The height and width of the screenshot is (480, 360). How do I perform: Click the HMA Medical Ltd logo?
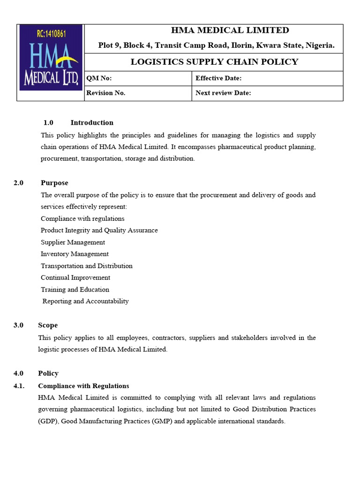[x=51, y=58]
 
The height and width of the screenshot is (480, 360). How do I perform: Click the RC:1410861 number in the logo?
[x=51, y=33]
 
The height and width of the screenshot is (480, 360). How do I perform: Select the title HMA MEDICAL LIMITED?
[x=230, y=30]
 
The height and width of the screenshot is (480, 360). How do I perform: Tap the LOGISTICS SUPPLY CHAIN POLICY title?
[x=214, y=62]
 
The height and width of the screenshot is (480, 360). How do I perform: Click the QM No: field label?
[x=99, y=78]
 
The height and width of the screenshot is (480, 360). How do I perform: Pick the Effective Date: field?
[x=218, y=78]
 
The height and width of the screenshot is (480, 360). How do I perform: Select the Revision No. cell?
[x=106, y=93]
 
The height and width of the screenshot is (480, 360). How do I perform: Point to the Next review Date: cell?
[x=223, y=93]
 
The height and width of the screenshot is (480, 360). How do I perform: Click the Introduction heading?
[x=92, y=123]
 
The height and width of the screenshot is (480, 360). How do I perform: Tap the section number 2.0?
[x=19, y=183]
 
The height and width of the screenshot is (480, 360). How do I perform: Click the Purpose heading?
[x=54, y=183]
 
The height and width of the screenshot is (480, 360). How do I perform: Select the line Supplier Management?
[x=73, y=242]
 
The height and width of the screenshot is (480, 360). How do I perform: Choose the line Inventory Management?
[x=75, y=254]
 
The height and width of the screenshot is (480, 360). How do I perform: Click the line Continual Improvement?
[x=75, y=277]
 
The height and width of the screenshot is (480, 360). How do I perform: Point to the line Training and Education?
[x=75, y=290]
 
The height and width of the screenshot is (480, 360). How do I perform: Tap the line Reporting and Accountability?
[x=85, y=301]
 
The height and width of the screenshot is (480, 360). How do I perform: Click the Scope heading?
[x=48, y=325]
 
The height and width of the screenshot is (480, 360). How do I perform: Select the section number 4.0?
[x=19, y=374]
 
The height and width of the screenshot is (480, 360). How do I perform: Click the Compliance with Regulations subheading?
[x=83, y=386]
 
